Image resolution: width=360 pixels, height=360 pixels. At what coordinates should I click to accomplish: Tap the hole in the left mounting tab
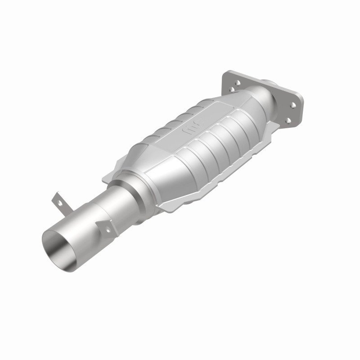pyautogui.click(x=57, y=202)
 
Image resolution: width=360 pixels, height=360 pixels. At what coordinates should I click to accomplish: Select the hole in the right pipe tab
pyautogui.click(x=108, y=229)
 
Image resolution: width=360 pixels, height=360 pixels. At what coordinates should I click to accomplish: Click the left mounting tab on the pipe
pyautogui.click(x=58, y=204)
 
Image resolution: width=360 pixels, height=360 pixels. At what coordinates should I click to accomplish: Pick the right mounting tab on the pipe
pyautogui.click(x=107, y=227)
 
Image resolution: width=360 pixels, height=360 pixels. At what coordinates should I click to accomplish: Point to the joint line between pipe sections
pyautogui.click(x=95, y=211)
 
